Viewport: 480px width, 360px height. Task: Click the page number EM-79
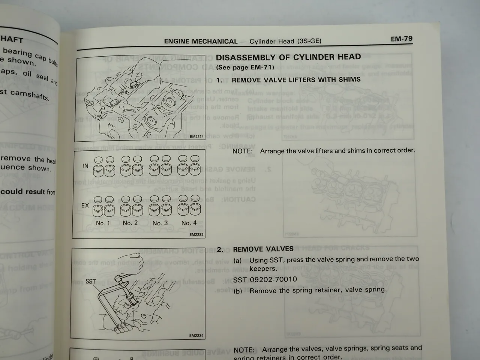click(401, 39)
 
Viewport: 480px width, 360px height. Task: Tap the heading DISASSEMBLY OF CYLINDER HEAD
click(288, 57)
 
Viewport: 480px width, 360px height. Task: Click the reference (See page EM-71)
click(245, 67)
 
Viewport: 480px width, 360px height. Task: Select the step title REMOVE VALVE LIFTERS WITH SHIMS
click(296, 79)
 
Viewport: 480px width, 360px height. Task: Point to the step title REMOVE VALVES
click(263, 249)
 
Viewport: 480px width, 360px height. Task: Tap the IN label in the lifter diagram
click(85, 166)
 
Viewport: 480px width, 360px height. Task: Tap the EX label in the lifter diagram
click(85, 205)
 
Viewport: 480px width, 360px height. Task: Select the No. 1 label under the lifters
click(103, 223)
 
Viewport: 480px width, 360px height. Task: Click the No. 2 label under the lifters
click(130, 223)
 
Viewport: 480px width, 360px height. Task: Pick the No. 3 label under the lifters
click(160, 223)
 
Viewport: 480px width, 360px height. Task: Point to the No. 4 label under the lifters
click(189, 223)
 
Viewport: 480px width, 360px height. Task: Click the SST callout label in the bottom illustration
click(91, 281)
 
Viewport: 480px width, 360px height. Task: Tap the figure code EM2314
click(196, 136)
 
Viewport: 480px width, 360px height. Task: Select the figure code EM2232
click(196, 235)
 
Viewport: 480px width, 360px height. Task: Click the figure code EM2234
click(196, 336)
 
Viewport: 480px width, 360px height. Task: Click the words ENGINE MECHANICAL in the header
click(201, 42)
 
